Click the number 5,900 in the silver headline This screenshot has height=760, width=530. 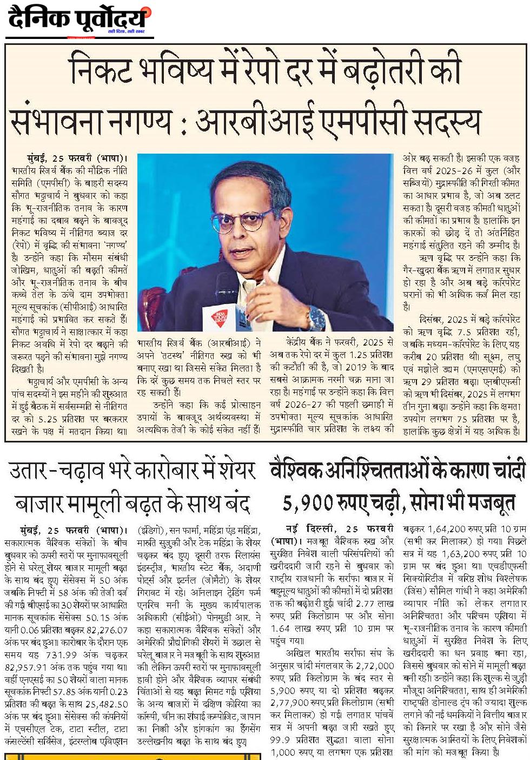tap(307, 503)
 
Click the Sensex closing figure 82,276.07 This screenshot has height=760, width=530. tap(103, 630)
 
